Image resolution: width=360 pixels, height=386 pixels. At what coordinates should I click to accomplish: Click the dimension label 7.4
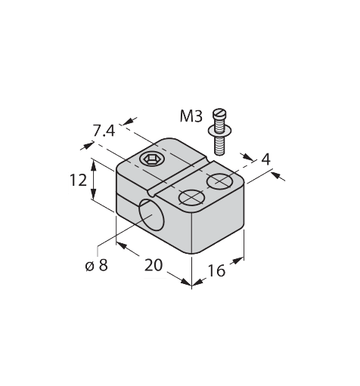104,131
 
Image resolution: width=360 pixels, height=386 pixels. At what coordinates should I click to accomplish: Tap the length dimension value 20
154,266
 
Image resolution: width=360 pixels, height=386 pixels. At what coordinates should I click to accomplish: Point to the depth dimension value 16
216,270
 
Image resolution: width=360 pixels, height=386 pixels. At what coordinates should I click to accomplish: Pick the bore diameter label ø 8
96,265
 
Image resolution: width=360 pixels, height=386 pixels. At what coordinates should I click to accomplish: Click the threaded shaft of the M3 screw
220,141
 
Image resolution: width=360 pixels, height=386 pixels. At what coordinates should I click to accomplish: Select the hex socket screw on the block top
151,159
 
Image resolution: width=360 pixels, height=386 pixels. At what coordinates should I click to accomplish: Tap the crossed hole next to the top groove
191,197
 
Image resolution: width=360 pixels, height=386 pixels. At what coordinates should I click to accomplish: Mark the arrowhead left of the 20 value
121,248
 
